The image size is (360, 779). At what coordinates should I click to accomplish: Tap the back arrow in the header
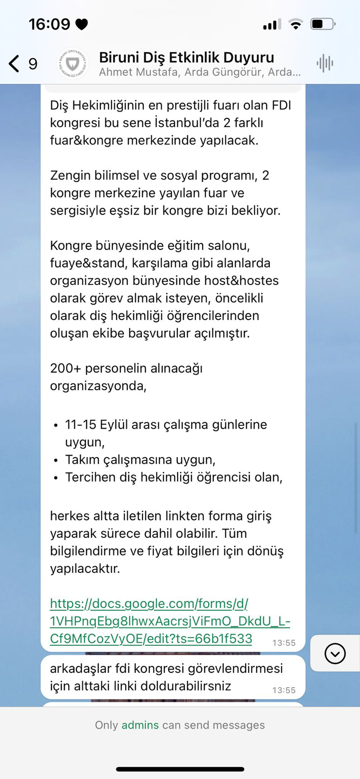(x=14, y=64)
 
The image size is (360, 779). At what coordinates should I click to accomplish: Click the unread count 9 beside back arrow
(x=33, y=64)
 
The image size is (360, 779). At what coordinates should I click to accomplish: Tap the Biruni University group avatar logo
(x=72, y=63)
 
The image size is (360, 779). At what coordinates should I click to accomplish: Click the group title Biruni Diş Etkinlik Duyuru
(x=186, y=58)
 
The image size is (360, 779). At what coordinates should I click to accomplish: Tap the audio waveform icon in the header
(x=324, y=63)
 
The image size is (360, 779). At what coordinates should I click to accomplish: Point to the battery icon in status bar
(x=323, y=24)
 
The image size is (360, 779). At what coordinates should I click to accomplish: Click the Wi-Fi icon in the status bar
(x=295, y=24)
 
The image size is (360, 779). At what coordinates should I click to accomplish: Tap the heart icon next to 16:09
(x=81, y=24)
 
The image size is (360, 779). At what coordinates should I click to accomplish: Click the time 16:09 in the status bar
(x=49, y=24)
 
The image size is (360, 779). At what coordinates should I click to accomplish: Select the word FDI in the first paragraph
(x=281, y=105)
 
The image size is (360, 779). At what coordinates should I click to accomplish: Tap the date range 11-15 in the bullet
(x=81, y=425)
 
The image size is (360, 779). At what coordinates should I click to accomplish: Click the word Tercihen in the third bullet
(x=90, y=477)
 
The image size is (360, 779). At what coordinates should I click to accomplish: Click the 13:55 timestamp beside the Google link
(x=284, y=643)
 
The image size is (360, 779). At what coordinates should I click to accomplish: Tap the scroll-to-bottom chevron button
(x=335, y=653)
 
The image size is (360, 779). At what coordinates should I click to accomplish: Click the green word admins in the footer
(x=140, y=725)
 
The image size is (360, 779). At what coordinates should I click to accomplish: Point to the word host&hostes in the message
(x=241, y=281)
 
